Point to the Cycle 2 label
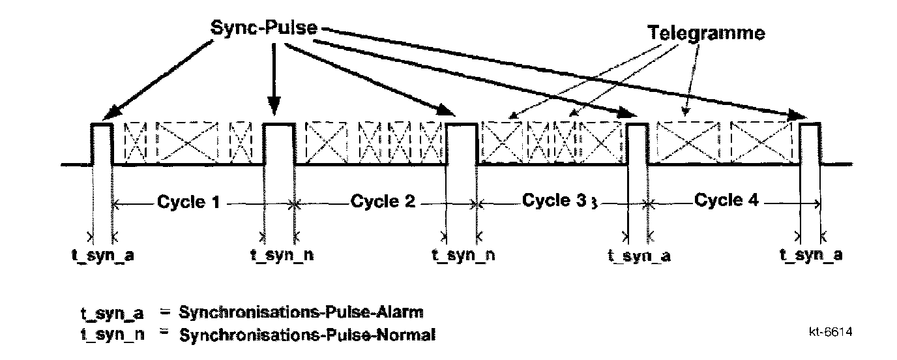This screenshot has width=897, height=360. [383, 202]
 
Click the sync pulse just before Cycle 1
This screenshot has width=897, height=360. [102, 143]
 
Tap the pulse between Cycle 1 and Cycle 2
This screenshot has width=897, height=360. [278, 143]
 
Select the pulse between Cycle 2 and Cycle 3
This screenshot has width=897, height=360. [462, 143]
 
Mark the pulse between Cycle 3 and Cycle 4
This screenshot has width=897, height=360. [638, 143]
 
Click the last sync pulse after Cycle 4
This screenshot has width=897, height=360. [810, 143]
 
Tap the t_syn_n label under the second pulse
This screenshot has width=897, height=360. [282, 255]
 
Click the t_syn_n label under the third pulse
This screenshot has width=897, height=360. [463, 255]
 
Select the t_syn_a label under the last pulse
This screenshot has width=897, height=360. [811, 255]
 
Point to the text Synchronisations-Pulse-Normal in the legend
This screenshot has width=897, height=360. [306, 336]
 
